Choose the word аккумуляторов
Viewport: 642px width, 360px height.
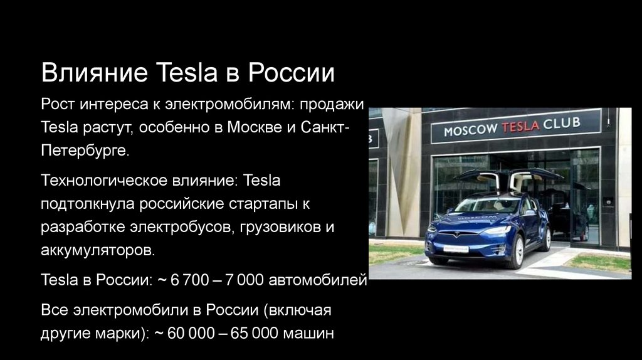(97, 250)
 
